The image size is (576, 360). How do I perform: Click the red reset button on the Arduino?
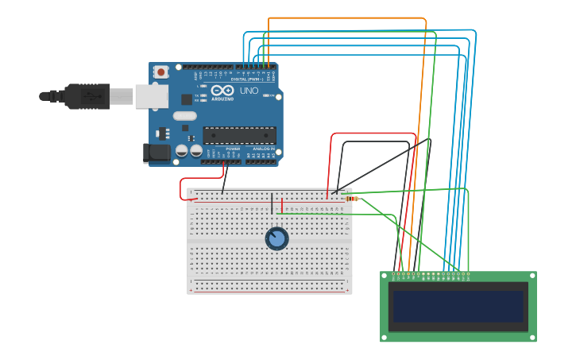[x=161, y=72]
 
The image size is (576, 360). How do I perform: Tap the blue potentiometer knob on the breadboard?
[x=276, y=238]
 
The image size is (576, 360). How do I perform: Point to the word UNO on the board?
[x=249, y=91]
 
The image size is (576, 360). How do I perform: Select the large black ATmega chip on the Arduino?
[x=239, y=135]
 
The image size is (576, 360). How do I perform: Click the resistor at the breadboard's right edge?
[x=352, y=199]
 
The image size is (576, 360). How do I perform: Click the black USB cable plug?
[x=87, y=96]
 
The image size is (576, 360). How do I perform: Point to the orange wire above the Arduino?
[x=347, y=17]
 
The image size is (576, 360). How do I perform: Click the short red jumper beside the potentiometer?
[x=282, y=205]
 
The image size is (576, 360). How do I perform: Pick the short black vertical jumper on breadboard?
[x=273, y=203]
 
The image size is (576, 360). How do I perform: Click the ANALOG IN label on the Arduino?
[x=264, y=149]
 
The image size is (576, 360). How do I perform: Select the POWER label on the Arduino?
[x=233, y=149]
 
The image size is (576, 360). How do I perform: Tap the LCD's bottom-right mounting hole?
[x=532, y=337]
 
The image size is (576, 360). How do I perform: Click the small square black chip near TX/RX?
[x=187, y=99]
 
